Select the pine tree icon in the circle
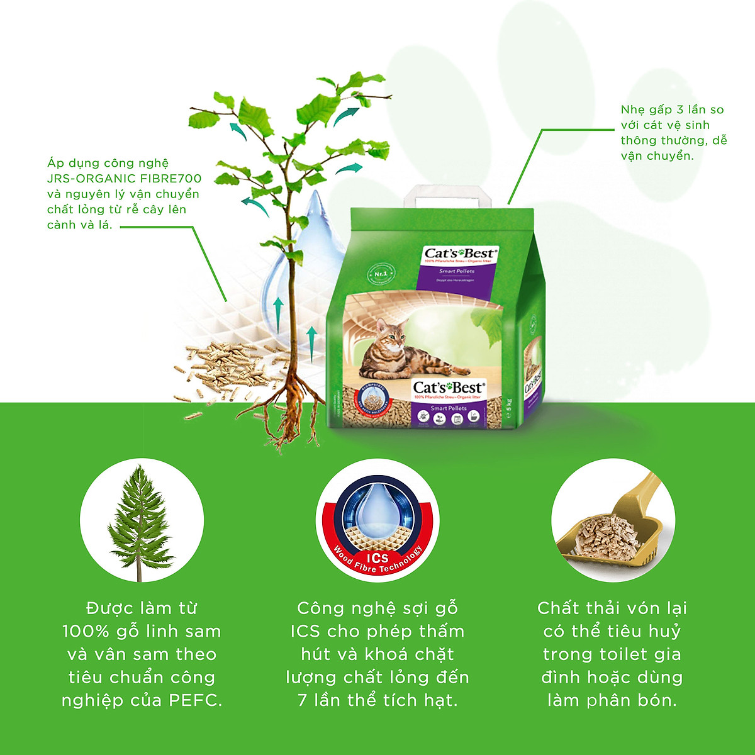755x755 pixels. (141, 521)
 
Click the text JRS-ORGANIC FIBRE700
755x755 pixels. (125, 179)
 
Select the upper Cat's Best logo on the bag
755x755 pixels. (459, 254)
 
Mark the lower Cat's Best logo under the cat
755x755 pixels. (447, 388)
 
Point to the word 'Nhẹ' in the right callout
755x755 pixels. (633, 110)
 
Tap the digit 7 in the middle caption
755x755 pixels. (303, 700)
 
